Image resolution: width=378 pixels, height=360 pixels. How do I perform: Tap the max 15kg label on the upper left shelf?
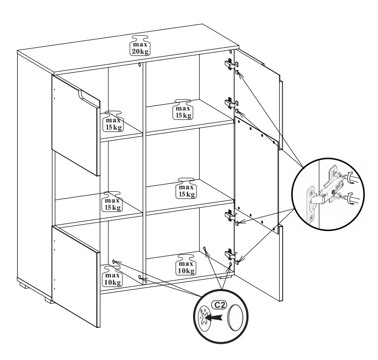pyautogui.click(x=113, y=121)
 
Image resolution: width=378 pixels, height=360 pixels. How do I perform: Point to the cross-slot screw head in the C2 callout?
pyautogui.click(x=204, y=318)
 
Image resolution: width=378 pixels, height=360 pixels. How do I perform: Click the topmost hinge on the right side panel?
pyautogui.click(x=229, y=64)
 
